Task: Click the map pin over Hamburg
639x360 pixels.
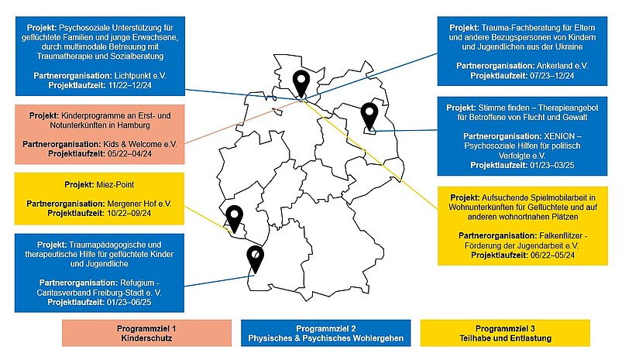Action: pos(301,83)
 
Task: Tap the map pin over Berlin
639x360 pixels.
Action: pos(369,115)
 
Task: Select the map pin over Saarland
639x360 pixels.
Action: pos(235,218)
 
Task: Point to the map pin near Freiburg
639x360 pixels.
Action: pos(255,259)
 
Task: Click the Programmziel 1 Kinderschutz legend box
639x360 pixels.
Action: pos(146,333)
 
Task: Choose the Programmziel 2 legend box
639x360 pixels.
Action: pos(325,333)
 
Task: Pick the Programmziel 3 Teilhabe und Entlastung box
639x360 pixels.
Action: pos(505,333)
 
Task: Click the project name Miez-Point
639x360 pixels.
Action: pos(115,184)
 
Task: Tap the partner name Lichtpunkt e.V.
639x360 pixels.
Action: pos(140,76)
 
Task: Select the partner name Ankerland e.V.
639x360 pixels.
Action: pos(562,66)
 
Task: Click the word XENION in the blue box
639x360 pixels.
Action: pos(559,136)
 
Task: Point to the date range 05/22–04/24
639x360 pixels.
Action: pos(129,154)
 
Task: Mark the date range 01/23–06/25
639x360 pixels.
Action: pos(129,302)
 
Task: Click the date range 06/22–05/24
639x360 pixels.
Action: pos(553,255)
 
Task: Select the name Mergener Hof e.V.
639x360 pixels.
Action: pos(139,204)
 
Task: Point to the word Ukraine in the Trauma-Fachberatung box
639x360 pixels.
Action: pos(569,46)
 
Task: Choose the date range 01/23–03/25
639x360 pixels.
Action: pos(552,166)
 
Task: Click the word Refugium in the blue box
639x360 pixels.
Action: pos(137,283)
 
